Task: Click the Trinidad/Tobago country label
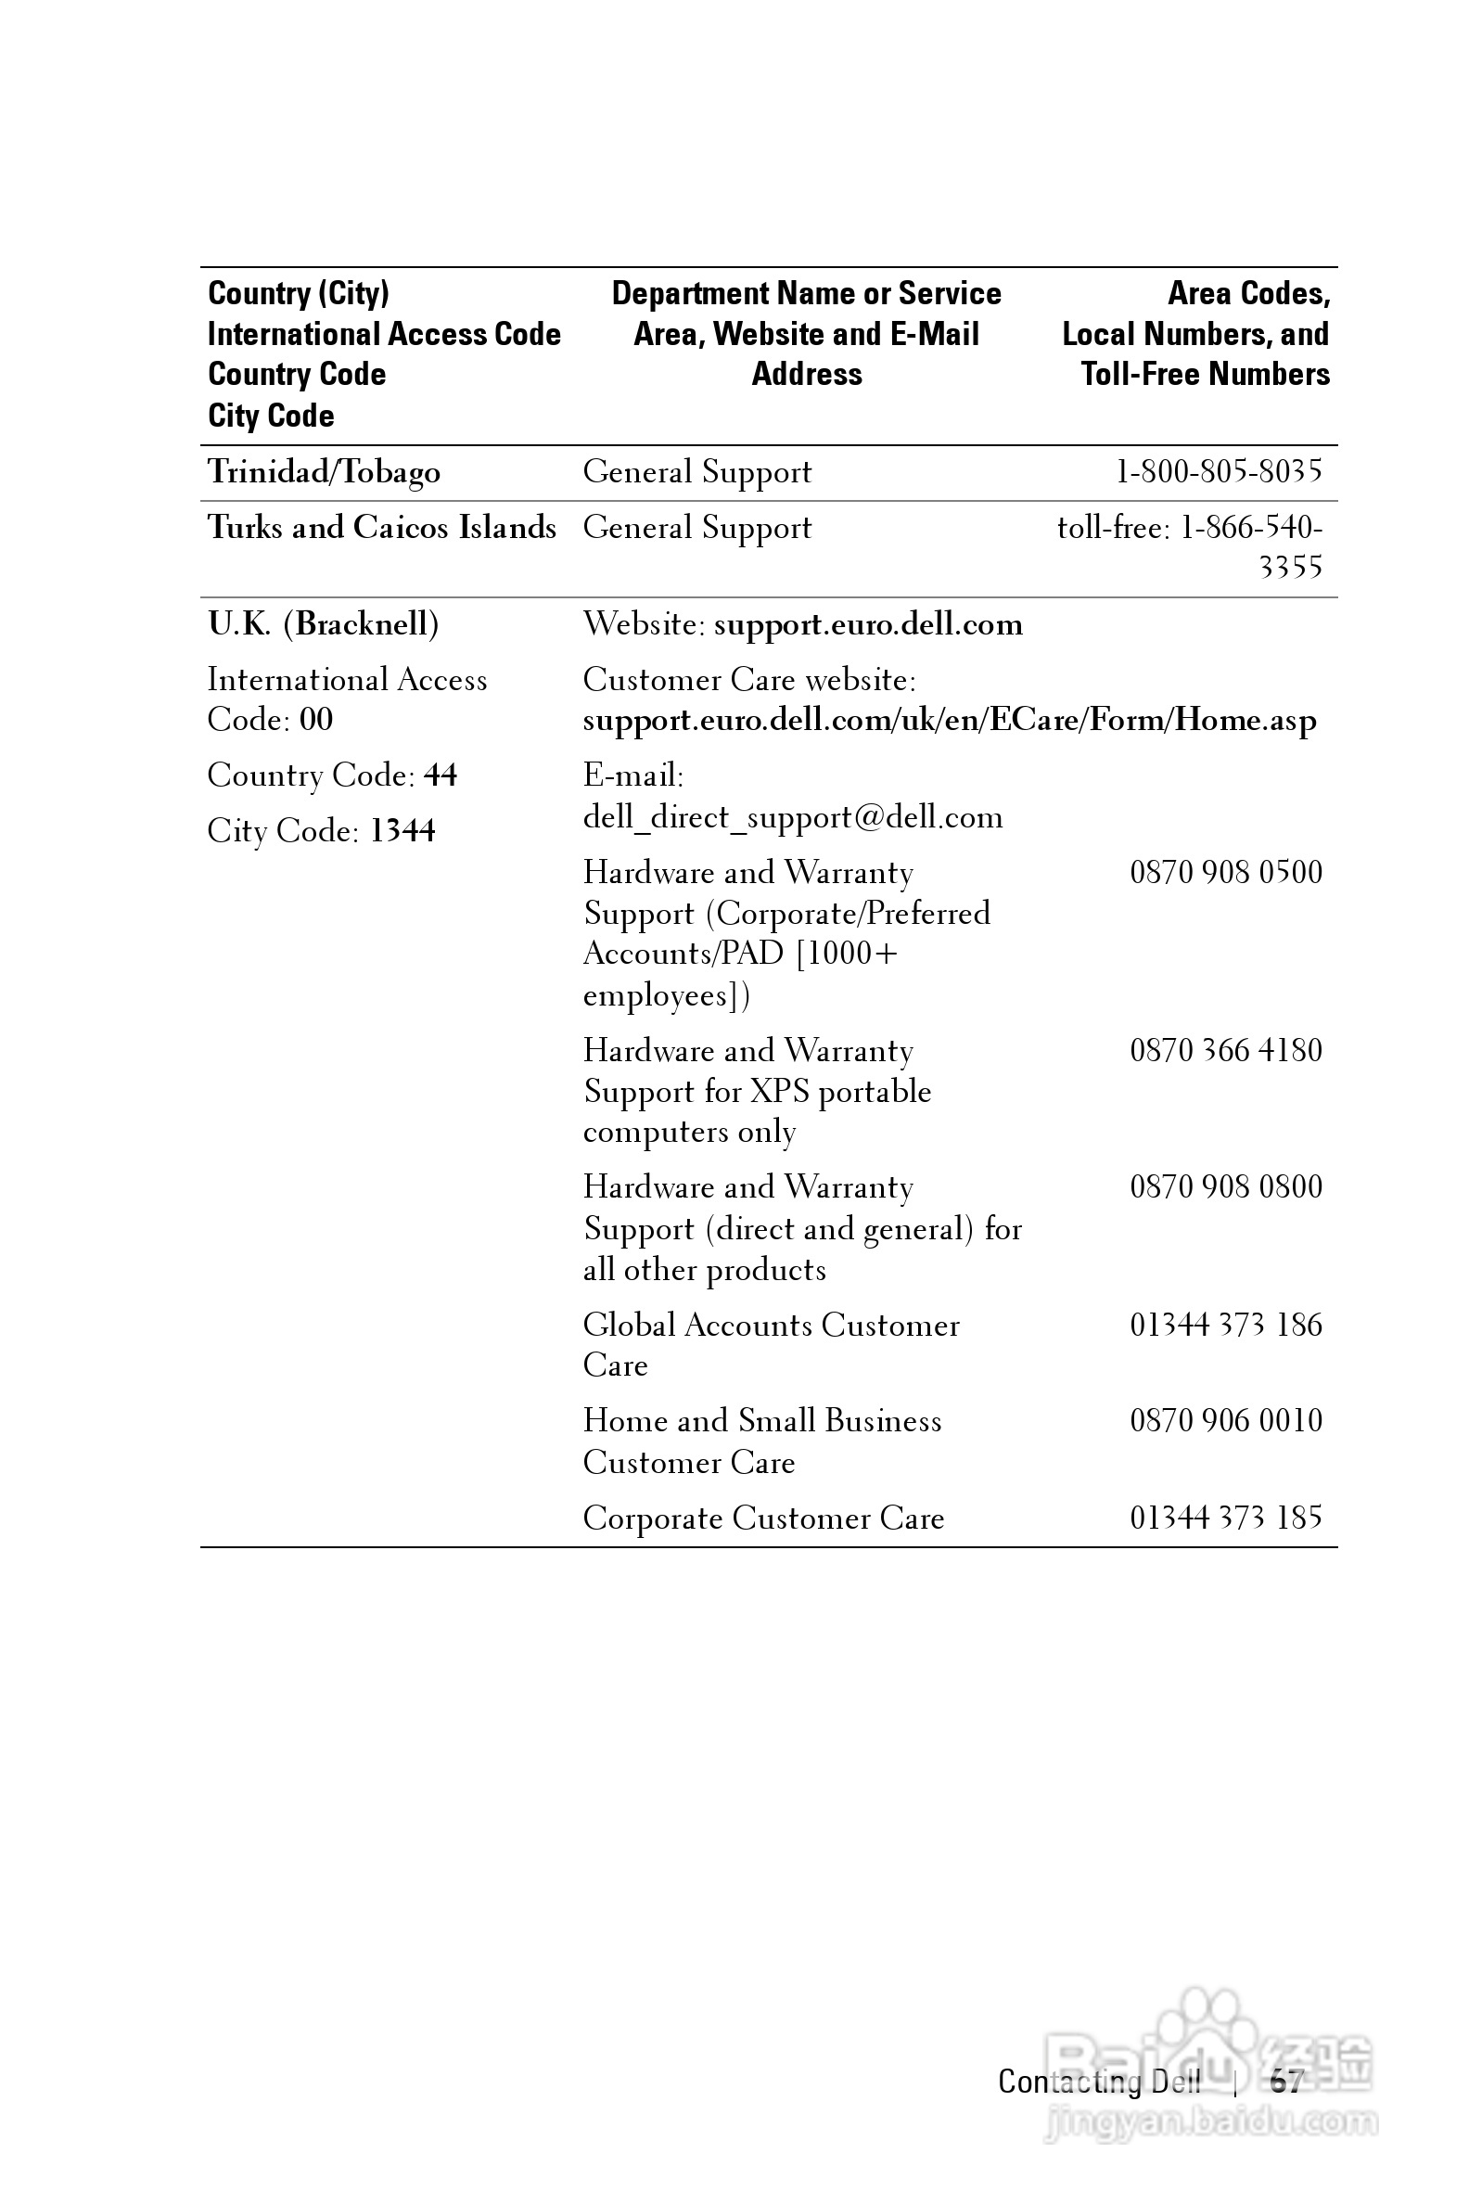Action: pyautogui.click(x=324, y=471)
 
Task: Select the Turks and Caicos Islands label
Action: pyautogui.click(x=381, y=528)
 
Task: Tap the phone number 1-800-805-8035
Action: pyautogui.click(x=1219, y=470)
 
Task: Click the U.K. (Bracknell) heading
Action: pyautogui.click(x=324, y=624)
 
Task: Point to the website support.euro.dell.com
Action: pyautogui.click(x=867, y=624)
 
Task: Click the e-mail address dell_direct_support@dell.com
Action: pyautogui.click(x=793, y=817)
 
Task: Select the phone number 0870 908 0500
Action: pyautogui.click(x=1225, y=872)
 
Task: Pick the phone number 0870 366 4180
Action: pyautogui.click(x=1225, y=1050)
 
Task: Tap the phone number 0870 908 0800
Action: pyautogui.click(x=1225, y=1187)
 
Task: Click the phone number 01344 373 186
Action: pyautogui.click(x=1225, y=1325)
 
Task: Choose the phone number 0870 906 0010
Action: pyautogui.click(x=1225, y=1420)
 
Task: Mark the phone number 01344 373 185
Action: pyautogui.click(x=1225, y=1518)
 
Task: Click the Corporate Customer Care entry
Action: pyautogui.click(x=763, y=1518)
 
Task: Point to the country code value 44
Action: pyautogui.click(x=441, y=775)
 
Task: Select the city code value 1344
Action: pyautogui.click(x=402, y=831)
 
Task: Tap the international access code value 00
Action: pyautogui.click(x=315, y=720)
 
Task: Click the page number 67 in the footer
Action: pyautogui.click(x=1286, y=2082)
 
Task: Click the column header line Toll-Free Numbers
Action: pyautogui.click(x=1205, y=374)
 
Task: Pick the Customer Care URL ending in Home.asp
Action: pyautogui.click(x=949, y=720)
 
